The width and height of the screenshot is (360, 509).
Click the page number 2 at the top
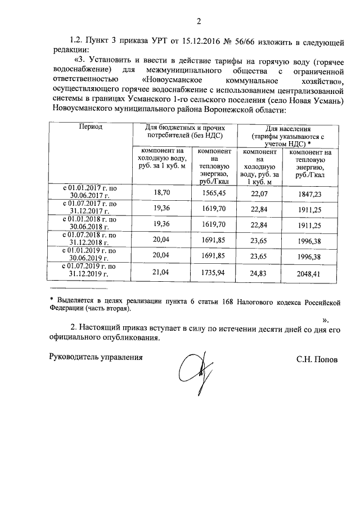[199, 22]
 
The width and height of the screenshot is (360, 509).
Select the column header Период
[91, 128]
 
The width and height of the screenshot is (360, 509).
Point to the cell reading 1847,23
[309, 193]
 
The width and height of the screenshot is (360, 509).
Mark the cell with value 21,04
[162, 274]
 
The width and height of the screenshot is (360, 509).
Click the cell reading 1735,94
[213, 274]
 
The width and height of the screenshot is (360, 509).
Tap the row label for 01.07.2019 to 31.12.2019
[91, 270]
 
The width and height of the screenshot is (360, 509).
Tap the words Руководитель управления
[93, 357]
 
